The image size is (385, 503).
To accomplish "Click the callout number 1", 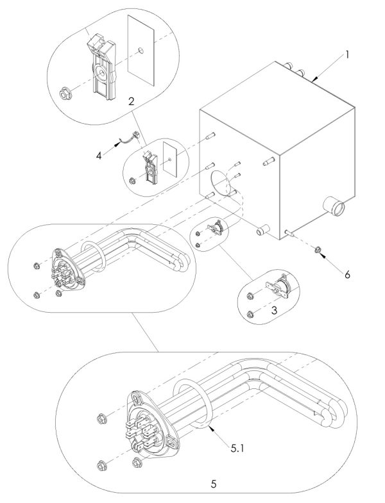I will pos(346,54).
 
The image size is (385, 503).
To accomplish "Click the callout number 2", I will pos(131,101).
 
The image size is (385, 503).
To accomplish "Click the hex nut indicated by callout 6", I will pos(319,248).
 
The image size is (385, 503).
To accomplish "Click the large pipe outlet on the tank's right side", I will pos(335,208).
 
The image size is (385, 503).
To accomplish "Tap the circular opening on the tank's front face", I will pos(220,183).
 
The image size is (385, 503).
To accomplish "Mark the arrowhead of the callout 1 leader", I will pos(314,81).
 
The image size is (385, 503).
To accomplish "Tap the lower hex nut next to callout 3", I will pos(250,313).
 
